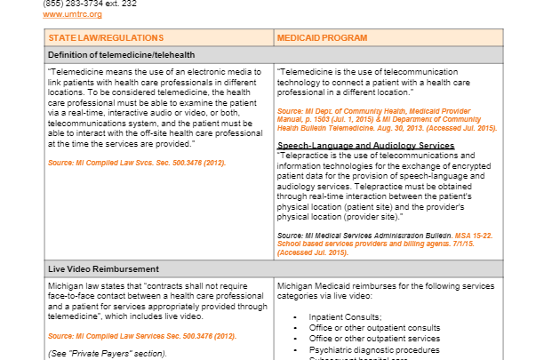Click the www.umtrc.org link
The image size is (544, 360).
pos(72,14)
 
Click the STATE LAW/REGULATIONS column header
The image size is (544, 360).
pos(106,38)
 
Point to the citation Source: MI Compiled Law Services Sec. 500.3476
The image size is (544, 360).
pos(141,336)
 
